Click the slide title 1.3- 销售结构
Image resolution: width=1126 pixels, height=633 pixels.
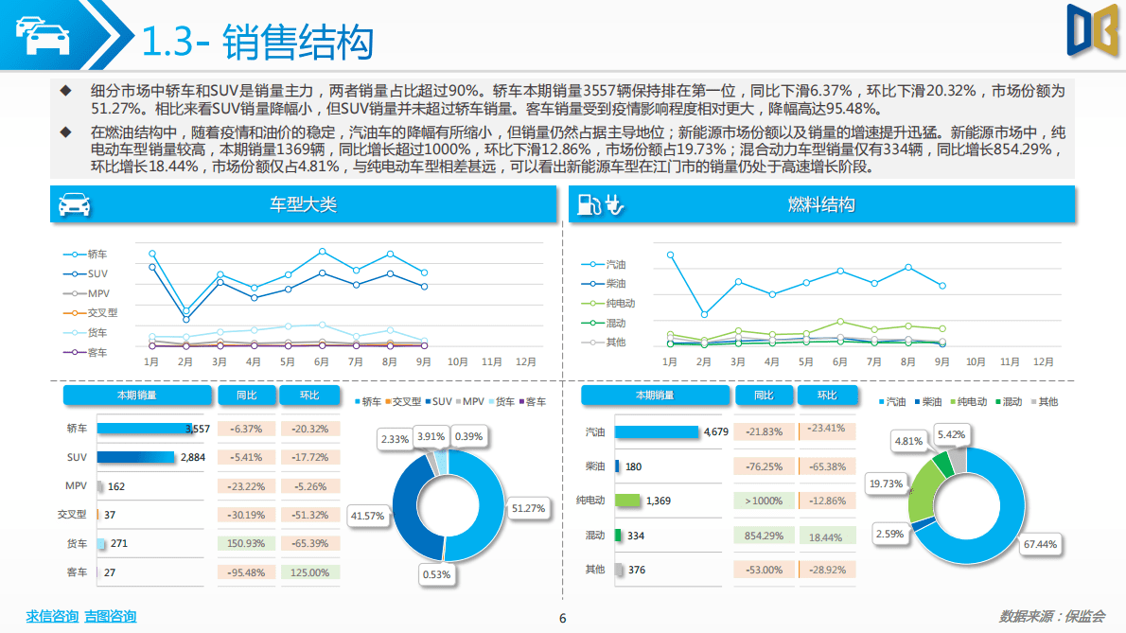pos(256,42)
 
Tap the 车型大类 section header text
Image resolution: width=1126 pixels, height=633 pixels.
pos(303,204)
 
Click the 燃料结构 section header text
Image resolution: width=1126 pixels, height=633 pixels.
pos(820,204)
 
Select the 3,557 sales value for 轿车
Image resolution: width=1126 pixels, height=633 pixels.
pos(197,429)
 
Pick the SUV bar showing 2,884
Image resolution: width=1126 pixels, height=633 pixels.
pos(136,457)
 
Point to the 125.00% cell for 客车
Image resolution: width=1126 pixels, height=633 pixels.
pos(309,572)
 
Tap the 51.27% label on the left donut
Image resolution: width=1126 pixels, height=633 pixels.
pos(528,508)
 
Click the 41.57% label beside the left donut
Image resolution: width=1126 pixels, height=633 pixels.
pos(367,516)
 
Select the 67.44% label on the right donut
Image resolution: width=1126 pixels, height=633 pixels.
pos(1039,544)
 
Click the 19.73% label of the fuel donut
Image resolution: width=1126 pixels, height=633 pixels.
pos(887,484)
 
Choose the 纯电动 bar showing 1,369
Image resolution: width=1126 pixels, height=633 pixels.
pos(628,501)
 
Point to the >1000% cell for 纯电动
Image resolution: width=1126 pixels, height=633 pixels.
pos(763,501)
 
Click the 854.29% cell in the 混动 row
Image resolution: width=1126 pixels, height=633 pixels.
pos(763,536)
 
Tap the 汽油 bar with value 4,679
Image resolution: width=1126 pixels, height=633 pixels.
pos(657,431)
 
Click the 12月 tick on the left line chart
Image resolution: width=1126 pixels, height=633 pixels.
pos(525,361)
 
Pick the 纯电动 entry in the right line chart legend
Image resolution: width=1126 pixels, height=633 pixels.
pos(620,304)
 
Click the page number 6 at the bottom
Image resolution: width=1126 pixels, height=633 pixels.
pos(563,619)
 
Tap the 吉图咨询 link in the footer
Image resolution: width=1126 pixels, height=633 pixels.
pos(110,617)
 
